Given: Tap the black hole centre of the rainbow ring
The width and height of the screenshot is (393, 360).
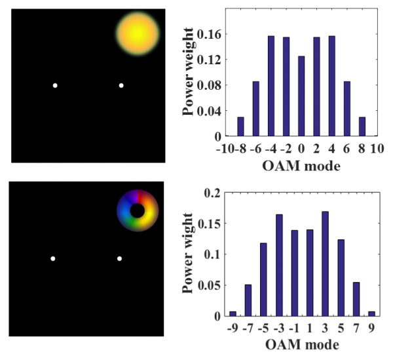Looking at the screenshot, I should pos(138,210).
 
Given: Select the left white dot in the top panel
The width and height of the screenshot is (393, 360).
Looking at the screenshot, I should pos(55,85).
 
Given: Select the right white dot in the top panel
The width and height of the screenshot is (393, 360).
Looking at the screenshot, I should pos(121,85).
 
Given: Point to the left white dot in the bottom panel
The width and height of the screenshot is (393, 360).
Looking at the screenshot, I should pos(53,258).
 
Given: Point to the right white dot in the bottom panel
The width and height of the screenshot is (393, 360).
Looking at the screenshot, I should pos(119,258).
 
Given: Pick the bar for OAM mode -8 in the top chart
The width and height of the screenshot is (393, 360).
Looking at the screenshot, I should pos(240,127).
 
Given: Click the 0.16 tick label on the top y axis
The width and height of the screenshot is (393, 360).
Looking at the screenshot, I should pos(211,34).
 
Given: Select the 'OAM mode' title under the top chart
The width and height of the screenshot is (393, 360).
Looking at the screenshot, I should pos(301,165).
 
